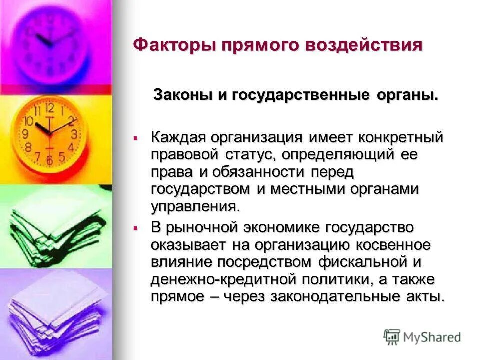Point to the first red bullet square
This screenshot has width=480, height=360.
[x=135, y=137]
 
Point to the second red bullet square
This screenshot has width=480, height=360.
[x=135, y=228]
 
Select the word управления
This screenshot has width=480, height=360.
[x=192, y=206]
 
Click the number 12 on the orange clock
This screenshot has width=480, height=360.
[x=49, y=107]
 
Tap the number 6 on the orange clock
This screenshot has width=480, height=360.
[x=49, y=160]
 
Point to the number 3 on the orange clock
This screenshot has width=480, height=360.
[x=74, y=134]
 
